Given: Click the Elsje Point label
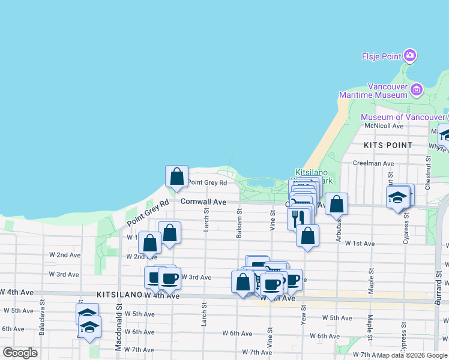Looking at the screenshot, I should pyautogui.click(x=381, y=56).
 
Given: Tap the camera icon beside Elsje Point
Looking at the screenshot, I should pyautogui.click(x=411, y=56).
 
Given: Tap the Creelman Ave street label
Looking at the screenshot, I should pyautogui.click(x=373, y=163).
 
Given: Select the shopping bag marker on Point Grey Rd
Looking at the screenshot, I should pyautogui.click(x=176, y=176).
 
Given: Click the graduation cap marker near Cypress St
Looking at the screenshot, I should pyautogui.click(x=397, y=198).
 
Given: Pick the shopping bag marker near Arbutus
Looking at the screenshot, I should pyautogui.click(x=337, y=205).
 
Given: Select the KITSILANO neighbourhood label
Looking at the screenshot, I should pyautogui.click(x=118, y=295).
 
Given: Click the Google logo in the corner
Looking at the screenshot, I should pyautogui.click(x=20, y=353).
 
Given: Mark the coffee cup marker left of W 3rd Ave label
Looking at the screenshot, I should pyautogui.click(x=169, y=278).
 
